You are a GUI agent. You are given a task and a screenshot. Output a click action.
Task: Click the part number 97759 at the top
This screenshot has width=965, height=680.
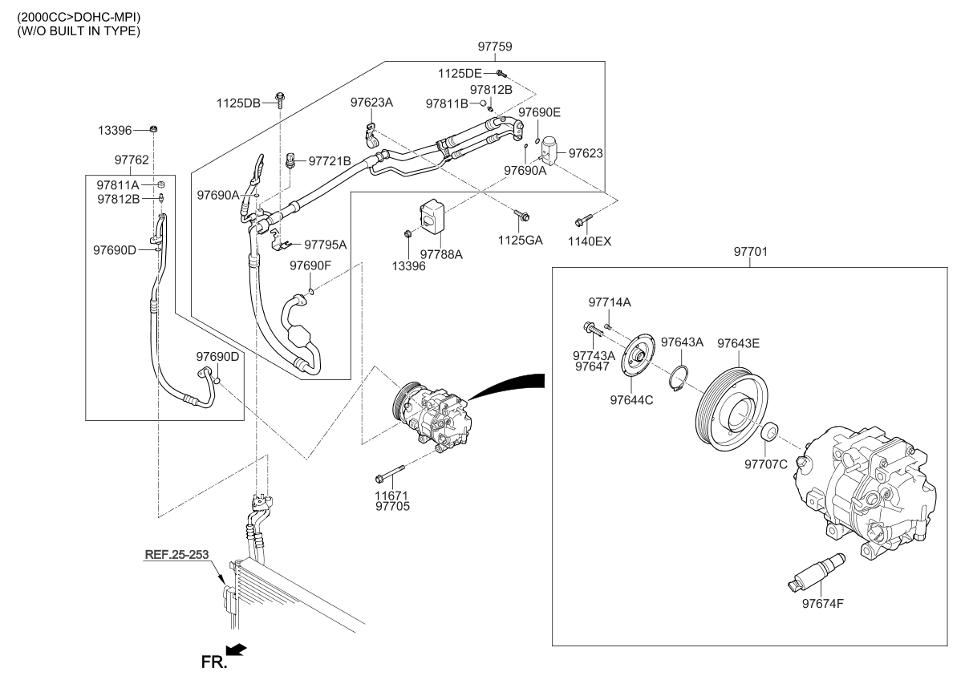pyautogui.click(x=495, y=47)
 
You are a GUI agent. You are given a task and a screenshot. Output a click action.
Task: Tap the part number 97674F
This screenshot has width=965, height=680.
pyautogui.click(x=822, y=604)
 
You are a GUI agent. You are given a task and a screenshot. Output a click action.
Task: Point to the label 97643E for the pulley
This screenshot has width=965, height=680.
pyautogui.click(x=738, y=343)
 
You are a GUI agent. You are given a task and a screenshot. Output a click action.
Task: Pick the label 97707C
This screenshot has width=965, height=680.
pyautogui.click(x=766, y=463)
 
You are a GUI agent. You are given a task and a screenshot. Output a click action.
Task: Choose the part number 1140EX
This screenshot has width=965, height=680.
pyautogui.click(x=590, y=239)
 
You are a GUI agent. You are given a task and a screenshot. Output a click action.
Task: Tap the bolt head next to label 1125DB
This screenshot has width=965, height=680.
pyautogui.click(x=280, y=100)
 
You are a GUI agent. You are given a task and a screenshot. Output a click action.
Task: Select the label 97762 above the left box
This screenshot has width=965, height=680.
pyautogui.click(x=132, y=160)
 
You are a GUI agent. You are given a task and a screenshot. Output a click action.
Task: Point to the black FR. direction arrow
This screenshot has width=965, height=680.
pyautogui.click(x=237, y=648)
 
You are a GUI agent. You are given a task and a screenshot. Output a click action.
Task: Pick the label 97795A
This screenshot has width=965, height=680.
pyautogui.click(x=326, y=245)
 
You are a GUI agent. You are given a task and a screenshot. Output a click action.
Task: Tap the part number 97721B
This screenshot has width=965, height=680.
pyautogui.click(x=330, y=161)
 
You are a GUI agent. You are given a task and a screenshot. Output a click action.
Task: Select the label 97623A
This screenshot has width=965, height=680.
pyautogui.click(x=371, y=103)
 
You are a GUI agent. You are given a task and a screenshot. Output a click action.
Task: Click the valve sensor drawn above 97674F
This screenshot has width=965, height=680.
pyautogui.click(x=813, y=570)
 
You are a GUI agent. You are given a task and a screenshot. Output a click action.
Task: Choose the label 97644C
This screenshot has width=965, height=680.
pyautogui.click(x=631, y=399)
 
